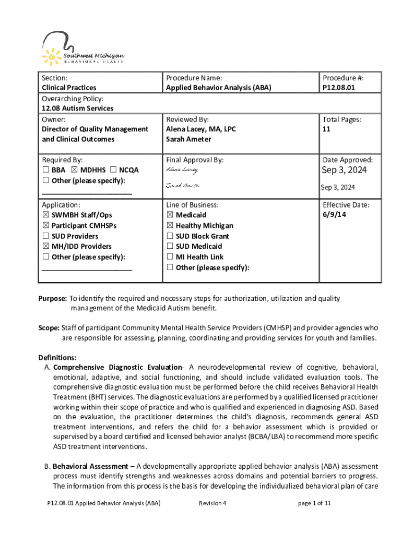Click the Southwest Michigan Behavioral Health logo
(84, 48)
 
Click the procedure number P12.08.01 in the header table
(339, 88)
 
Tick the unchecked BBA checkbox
(45, 170)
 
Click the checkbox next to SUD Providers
(45, 236)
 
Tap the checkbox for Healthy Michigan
(170, 226)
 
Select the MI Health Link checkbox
(170, 257)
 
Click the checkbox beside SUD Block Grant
(170, 236)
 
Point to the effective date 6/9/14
(335, 215)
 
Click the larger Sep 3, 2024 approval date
(344, 171)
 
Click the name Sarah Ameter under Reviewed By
(188, 139)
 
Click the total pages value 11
(326, 129)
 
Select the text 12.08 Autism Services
(77, 108)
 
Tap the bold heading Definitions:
(57, 357)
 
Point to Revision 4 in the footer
(212, 503)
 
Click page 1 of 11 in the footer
(314, 503)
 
